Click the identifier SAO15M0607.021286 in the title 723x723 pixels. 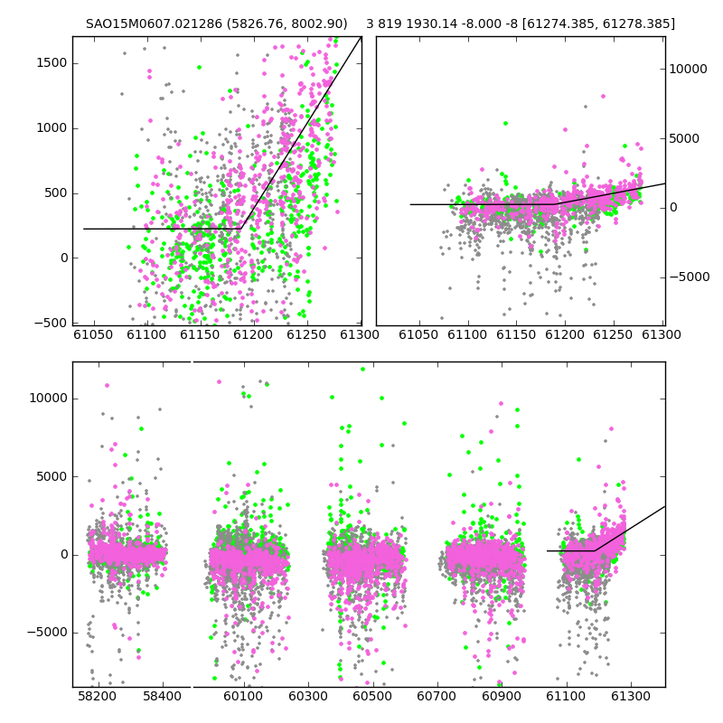(154, 23)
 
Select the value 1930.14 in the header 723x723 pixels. (426, 23)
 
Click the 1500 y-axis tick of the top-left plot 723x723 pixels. (52, 63)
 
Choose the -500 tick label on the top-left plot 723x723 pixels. (51, 324)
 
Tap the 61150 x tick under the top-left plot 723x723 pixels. (200, 334)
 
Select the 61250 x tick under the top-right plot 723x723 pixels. (613, 334)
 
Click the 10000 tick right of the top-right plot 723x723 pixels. (688, 70)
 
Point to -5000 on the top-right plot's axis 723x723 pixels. (690, 277)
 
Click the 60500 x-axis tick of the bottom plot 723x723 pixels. (372, 696)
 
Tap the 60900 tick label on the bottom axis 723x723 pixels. (502, 696)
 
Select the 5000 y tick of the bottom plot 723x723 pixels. (52, 476)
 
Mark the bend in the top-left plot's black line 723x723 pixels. (240, 229)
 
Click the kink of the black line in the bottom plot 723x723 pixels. (595, 550)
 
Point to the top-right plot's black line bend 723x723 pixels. (556, 204)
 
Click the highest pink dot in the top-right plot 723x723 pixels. (603, 97)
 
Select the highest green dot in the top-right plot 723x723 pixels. (506, 123)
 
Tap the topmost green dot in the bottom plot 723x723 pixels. (363, 369)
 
